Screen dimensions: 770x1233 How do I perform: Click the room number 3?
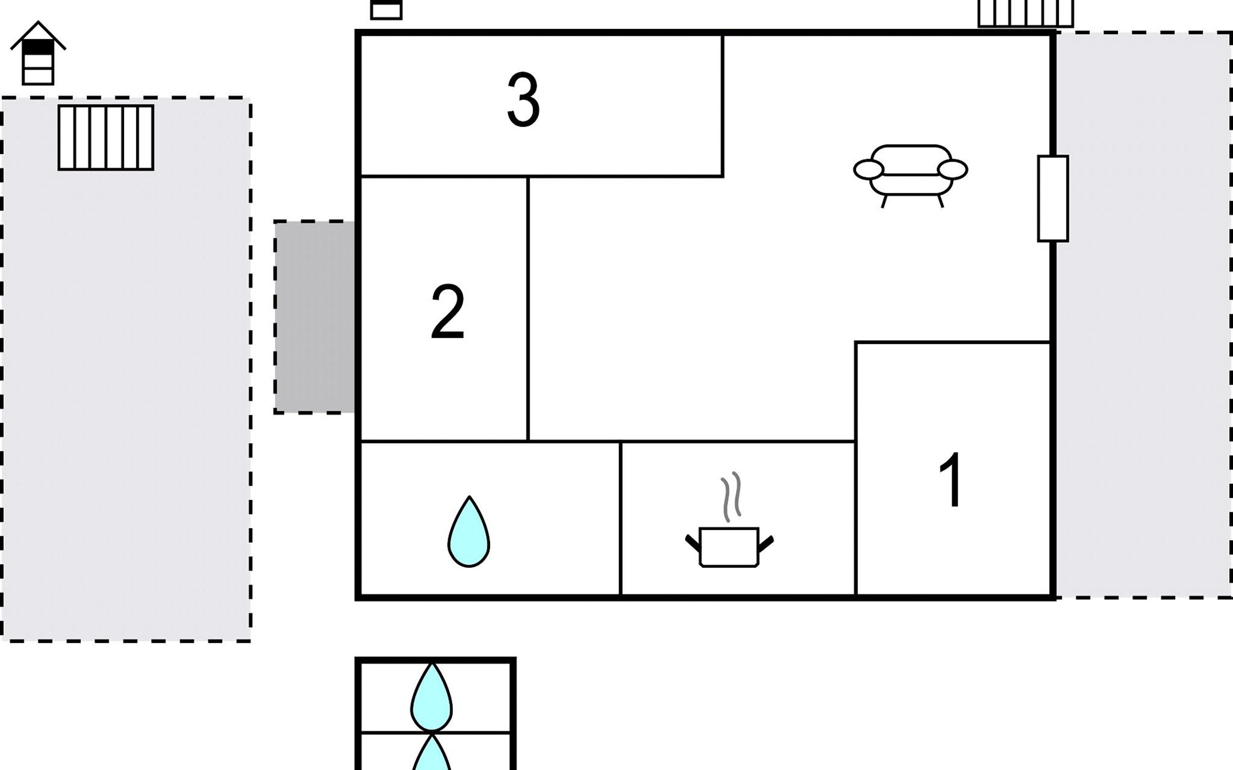[523, 100]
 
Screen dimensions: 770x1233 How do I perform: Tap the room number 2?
[448, 312]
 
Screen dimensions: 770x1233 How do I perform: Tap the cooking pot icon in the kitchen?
[729, 547]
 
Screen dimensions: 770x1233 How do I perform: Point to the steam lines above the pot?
[731, 497]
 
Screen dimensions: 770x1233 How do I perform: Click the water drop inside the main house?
[469, 532]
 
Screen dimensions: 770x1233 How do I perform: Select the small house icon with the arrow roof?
[38, 54]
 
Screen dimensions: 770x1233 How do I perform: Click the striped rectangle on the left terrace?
[106, 137]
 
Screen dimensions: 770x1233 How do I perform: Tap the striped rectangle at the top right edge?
[1025, 13]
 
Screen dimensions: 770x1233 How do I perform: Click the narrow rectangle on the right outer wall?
[1053, 198]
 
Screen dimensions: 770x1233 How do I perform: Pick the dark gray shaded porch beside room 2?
[315, 317]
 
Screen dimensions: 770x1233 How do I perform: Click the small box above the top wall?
[386, 10]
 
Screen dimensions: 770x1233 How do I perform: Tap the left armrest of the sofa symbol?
[868, 170]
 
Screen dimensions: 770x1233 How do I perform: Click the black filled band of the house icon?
[38, 47]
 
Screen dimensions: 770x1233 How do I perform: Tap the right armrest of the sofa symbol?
[952, 169]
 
